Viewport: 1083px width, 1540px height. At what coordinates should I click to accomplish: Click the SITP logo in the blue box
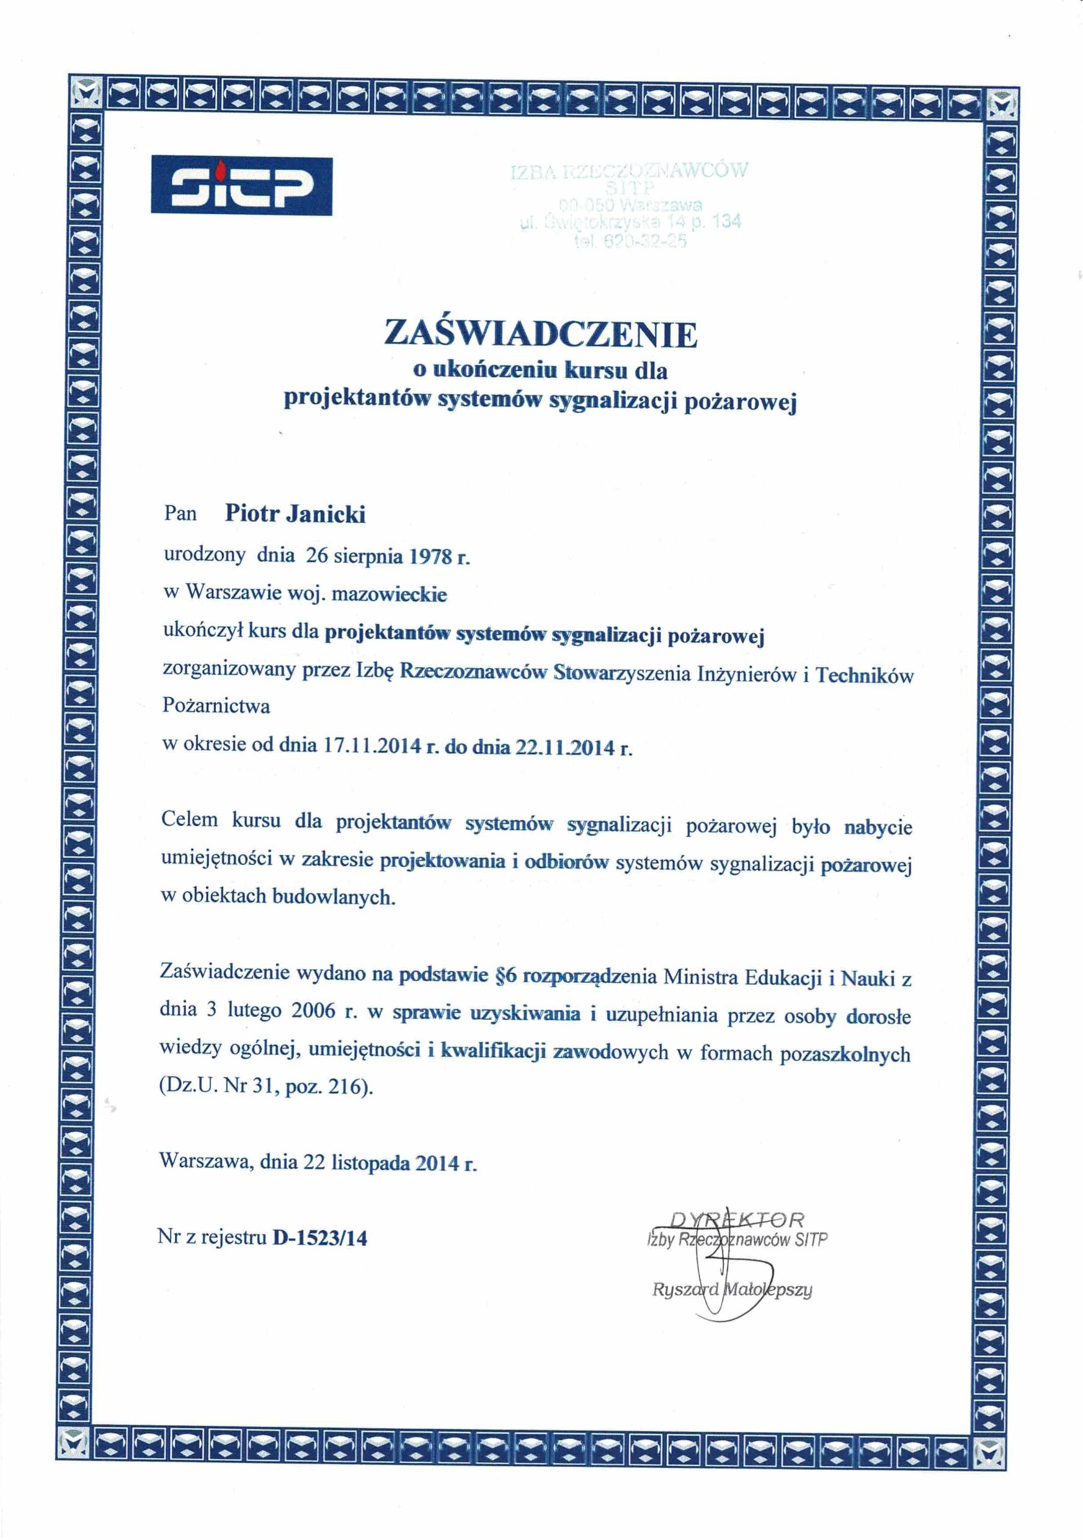pos(241,186)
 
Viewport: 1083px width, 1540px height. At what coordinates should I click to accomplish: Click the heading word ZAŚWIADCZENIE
pos(541,334)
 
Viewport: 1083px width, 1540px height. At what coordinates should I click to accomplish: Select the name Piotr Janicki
pos(295,514)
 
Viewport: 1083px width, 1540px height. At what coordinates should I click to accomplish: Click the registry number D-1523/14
pos(320,1237)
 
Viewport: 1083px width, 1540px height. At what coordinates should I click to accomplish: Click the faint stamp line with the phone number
pos(630,242)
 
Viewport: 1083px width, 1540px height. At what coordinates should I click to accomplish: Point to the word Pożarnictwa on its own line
pos(216,706)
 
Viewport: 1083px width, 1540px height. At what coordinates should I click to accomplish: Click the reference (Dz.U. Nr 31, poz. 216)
pos(266,1086)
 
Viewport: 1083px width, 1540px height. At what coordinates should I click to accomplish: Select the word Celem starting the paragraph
pos(190,820)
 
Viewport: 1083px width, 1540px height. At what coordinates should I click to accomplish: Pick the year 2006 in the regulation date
pos(313,1011)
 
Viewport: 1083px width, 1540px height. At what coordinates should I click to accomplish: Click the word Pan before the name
pos(180,514)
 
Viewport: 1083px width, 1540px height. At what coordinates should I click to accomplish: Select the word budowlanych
pos(333,896)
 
